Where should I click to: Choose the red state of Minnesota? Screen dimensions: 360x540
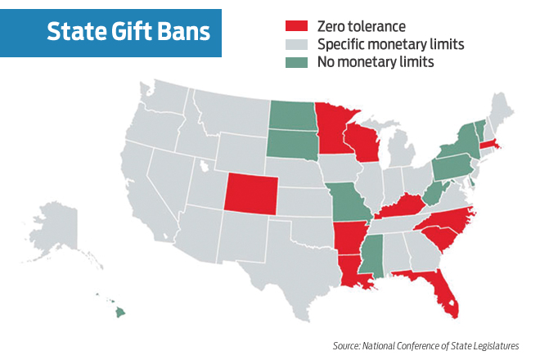[x=334, y=129]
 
